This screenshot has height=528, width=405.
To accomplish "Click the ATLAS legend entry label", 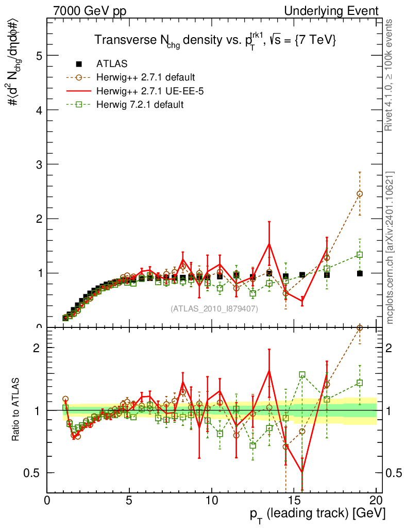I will click(112, 64).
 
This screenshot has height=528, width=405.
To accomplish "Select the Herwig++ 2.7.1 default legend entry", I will click(145, 77).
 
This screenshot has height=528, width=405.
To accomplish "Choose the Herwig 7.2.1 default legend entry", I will click(140, 105).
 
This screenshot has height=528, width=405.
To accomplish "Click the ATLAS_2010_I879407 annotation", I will click(214, 308).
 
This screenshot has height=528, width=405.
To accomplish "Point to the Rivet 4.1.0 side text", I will click(390, 75).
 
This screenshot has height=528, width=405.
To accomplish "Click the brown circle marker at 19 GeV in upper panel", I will click(360, 194).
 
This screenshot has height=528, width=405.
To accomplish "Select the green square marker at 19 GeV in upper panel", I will click(360, 254).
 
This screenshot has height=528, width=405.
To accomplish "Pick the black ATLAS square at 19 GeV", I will click(360, 273).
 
